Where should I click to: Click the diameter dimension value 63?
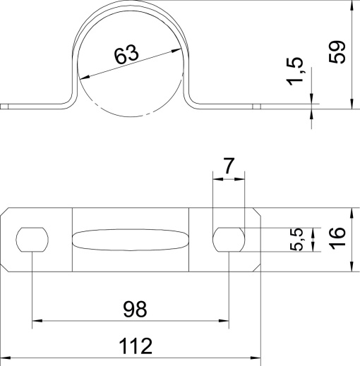click(x=125, y=56)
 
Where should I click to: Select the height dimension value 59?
click(x=338, y=52)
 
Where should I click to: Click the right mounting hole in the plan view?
click(x=229, y=240)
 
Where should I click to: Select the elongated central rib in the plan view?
click(x=131, y=240)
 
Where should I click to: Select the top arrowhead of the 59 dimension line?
click(x=351, y=6)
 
